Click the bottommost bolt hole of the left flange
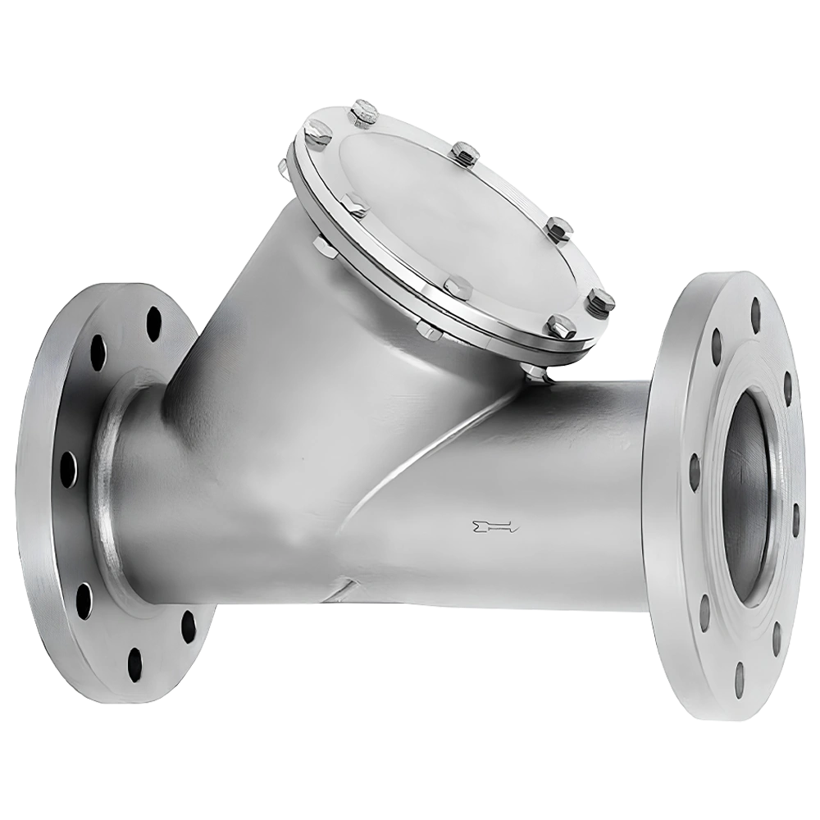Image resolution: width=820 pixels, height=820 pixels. coord(134,656)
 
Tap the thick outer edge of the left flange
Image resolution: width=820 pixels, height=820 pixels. coord(29,492)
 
